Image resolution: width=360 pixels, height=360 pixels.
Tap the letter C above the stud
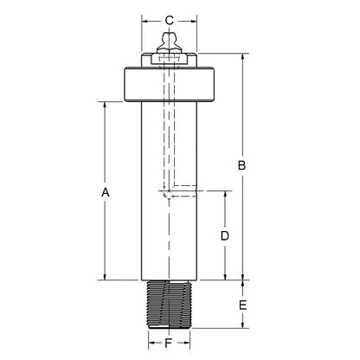pos(170,19)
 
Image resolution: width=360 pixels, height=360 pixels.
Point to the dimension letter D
pos(224,235)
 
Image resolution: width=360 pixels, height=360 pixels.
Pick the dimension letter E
pos(243,305)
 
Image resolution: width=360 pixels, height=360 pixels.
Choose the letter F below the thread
pos(169,344)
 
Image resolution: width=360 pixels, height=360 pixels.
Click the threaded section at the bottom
pos(169,304)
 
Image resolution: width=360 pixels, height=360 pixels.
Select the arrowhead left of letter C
pos(145,20)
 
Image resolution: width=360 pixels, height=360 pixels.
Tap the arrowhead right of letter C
pos(195,20)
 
